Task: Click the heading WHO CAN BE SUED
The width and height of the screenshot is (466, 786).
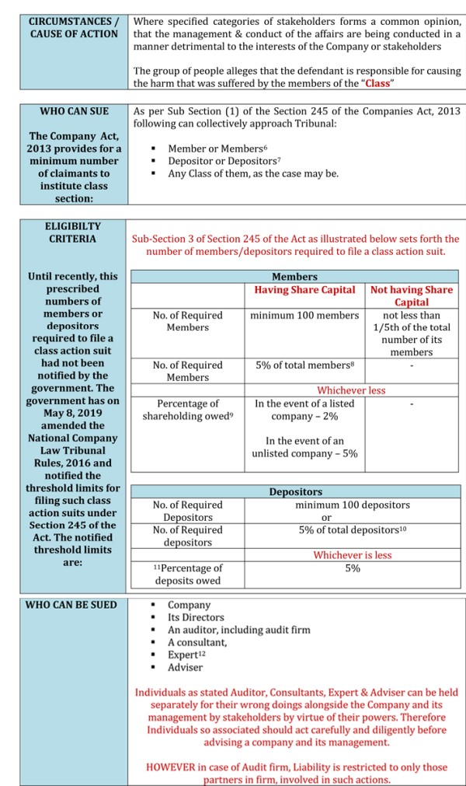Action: [x=71, y=605]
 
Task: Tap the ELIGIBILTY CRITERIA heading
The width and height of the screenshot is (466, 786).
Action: [x=72, y=232]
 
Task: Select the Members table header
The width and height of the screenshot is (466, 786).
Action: [x=294, y=277]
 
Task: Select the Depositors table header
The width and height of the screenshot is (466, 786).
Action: [x=295, y=492]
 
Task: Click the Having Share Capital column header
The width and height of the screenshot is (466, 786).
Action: [x=305, y=290]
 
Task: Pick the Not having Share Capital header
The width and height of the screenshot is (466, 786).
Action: [x=412, y=295]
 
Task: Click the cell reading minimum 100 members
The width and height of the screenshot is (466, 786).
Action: [x=304, y=315]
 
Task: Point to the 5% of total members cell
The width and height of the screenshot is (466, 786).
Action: [x=304, y=365]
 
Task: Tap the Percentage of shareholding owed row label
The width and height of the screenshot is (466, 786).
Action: [x=187, y=410]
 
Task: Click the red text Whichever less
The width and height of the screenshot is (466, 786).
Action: [x=351, y=390]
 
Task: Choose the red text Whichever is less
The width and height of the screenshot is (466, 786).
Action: [x=353, y=555]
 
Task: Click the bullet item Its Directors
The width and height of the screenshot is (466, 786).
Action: [x=196, y=617]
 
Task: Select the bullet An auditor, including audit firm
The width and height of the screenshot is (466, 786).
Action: [x=239, y=630]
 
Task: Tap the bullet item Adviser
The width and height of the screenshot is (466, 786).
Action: [x=185, y=667]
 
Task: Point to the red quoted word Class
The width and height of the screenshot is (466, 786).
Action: [x=377, y=83]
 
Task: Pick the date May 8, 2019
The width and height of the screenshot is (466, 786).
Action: [x=71, y=413]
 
